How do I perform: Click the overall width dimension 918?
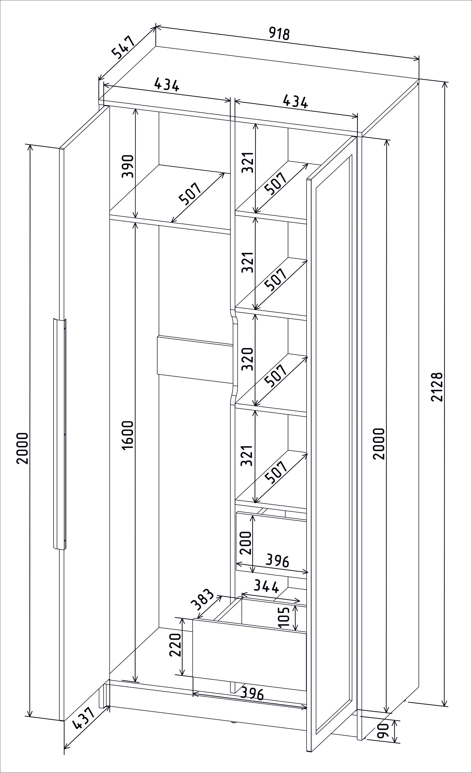(x=279, y=34)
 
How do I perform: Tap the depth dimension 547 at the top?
(x=123, y=47)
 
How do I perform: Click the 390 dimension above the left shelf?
(x=128, y=166)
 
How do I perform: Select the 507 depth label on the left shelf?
(x=190, y=194)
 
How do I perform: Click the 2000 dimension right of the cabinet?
(x=379, y=444)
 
